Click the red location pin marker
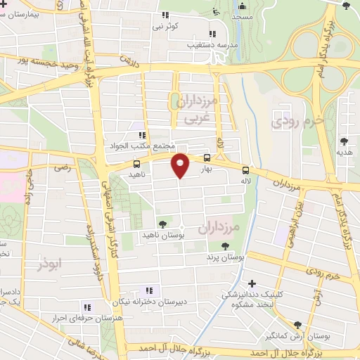point(181,165)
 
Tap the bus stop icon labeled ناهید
point(136,164)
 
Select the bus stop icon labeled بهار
point(207,159)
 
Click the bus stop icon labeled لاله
point(245,169)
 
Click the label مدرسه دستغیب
point(190,44)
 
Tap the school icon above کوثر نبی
point(165,15)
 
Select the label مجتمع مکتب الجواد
point(141,145)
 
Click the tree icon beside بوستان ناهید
point(163,224)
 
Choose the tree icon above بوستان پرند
point(225,247)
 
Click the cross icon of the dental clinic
point(252,283)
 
